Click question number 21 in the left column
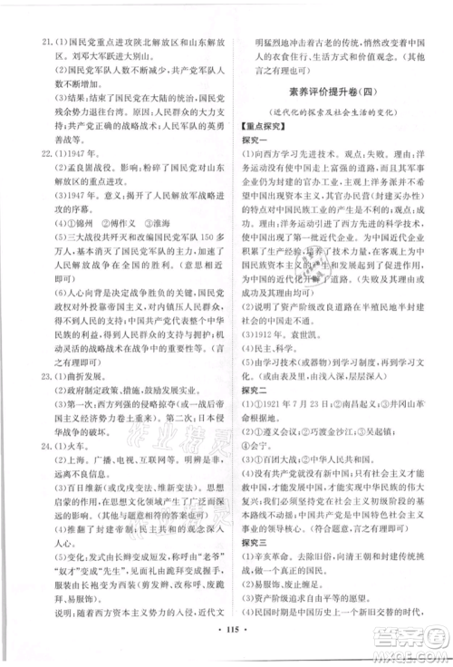click(37, 17)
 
